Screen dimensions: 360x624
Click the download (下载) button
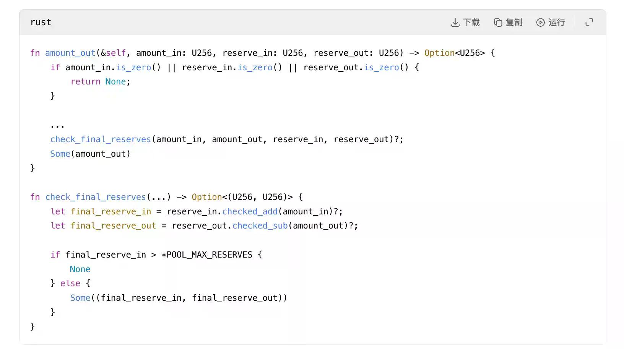point(465,23)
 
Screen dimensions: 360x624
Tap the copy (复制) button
point(508,23)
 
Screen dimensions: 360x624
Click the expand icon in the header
point(589,23)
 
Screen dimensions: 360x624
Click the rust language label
point(41,23)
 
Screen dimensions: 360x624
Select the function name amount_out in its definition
point(70,53)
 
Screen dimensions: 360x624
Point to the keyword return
point(85,82)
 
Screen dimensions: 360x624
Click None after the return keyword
point(115,82)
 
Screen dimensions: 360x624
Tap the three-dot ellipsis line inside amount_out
point(57,125)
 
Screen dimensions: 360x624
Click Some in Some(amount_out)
point(60,154)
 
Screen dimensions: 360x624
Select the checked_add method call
point(250,212)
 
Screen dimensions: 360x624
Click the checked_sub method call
point(260,226)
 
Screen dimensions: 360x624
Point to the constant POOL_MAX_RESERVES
point(209,255)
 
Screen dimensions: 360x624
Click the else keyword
point(70,284)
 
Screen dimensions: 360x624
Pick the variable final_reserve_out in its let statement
point(113,226)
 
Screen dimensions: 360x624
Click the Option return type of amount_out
point(439,53)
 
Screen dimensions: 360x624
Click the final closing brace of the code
point(32,326)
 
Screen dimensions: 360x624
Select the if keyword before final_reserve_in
point(55,255)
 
